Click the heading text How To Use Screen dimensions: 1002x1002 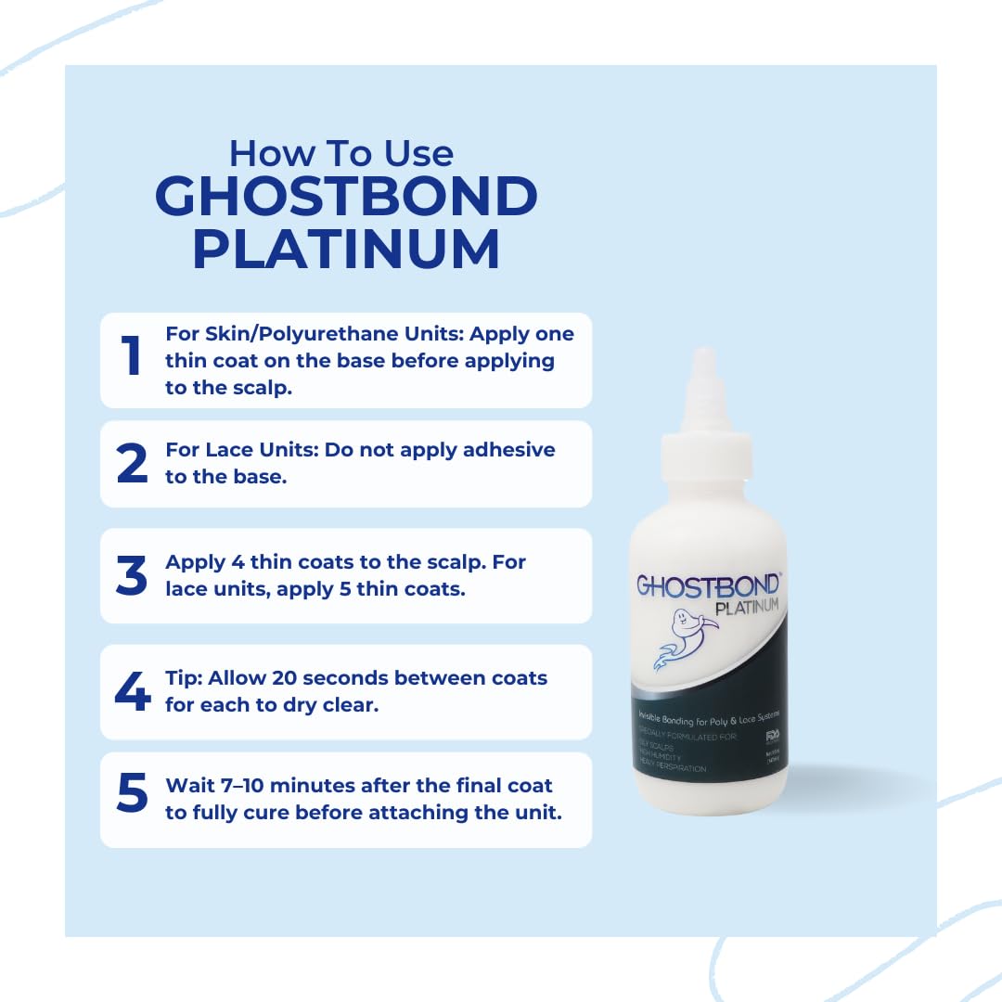pyautogui.click(x=341, y=153)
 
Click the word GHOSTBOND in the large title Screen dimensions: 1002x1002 pyautogui.click(x=346, y=197)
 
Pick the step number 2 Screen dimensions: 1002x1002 pyautogui.click(x=132, y=464)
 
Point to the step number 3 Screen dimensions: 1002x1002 pyautogui.click(x=132, y=576)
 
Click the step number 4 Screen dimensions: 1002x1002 pyautogui.click(x=132, y=692)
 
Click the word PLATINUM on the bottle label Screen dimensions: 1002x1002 pyautogui.click(x=746, y=608)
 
